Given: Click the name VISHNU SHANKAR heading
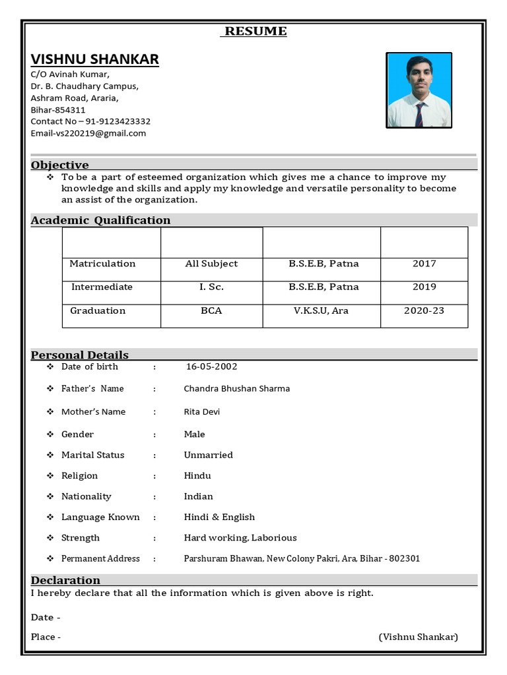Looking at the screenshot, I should coord(94,59).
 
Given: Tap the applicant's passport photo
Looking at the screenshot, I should coord(419,90).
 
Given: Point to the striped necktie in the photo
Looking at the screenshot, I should coord(419,114).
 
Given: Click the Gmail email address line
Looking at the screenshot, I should coord(88,133).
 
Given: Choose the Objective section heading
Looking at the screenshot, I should coord(60,165).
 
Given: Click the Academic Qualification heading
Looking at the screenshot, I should coord(100,220).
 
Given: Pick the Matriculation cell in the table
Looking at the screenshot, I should coord(102,264).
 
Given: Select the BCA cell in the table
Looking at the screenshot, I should coord(211,310).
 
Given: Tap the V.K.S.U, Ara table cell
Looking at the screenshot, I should coord(321,310).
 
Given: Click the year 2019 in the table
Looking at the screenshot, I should coord(424,287).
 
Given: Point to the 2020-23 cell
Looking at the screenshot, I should coord(424,310).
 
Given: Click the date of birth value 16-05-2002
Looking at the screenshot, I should coord(211,367).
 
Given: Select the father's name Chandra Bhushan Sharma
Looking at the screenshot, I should coord(236,388).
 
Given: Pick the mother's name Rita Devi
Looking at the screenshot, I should coord(201,412).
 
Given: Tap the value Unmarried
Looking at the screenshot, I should coord(208,455).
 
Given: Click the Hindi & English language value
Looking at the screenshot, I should coord(219,517).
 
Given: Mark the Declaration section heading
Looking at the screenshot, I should coord(66,580).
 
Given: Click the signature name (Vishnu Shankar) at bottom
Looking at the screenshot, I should coord(418,637).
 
